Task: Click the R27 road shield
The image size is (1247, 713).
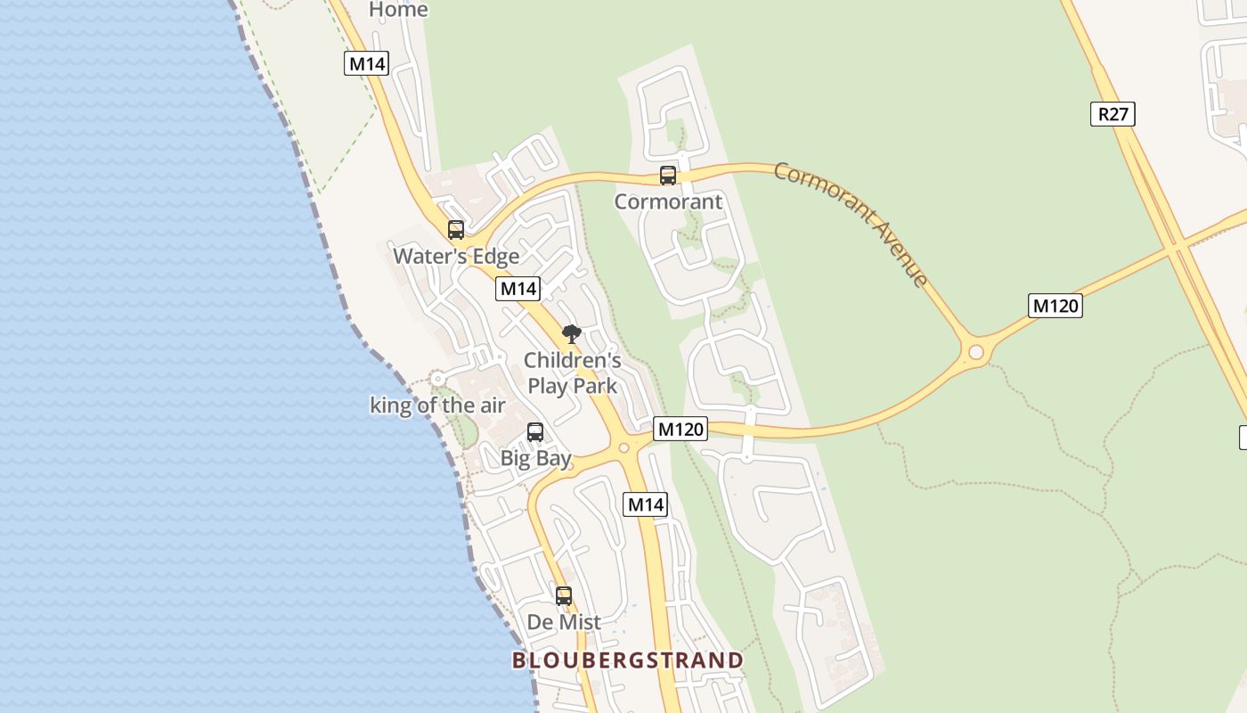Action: [x=1113, y=114]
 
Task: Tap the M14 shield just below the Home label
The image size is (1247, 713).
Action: [x=367, y=63]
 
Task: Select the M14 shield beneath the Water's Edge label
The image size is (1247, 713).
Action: [x=518, y=288]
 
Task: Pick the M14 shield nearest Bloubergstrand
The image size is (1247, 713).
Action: [x=645, y=504]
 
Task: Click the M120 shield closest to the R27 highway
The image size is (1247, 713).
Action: [x=1055, y=306]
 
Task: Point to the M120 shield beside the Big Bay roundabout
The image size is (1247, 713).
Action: [x=681, y=429]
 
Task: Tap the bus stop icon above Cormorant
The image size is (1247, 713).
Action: [x=668, y=175]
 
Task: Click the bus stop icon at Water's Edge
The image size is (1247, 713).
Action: [x=456, y=229]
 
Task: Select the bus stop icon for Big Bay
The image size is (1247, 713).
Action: [x=535, y=432]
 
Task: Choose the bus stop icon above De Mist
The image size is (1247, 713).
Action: [x=564, y=595]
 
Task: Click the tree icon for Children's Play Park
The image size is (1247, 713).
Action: [x=572, y=335]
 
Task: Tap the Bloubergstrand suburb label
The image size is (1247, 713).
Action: [x=627, y=660]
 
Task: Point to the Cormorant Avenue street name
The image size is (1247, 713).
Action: [x=851, y=223]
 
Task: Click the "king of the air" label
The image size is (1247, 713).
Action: [x=437, y=406]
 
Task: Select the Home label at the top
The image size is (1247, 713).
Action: [x=398, y=10]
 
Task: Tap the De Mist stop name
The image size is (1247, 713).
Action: [x=564, y=622]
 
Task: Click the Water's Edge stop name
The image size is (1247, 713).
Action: [x=456, y=257]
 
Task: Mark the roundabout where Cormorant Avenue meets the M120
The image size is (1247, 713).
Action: [x=976, y=352]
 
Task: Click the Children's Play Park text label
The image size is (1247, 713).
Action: [x=572, y=373]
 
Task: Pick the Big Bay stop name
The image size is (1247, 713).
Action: [x=535, y=459]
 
